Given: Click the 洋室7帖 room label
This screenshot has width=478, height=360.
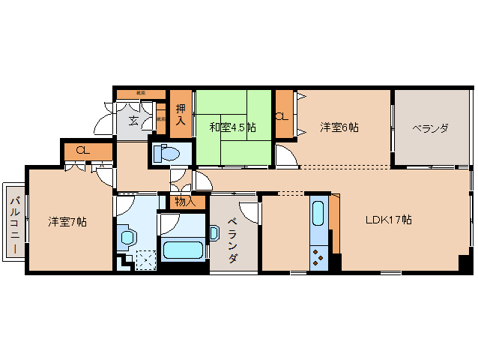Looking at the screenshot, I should (67, 222).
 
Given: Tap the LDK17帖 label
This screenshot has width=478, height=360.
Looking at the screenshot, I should (388, 220).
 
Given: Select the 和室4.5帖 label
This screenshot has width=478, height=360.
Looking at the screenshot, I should (232, 127).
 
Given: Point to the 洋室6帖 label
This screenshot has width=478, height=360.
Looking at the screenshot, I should (339, 127).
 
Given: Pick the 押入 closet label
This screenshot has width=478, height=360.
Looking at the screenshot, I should (180, 115).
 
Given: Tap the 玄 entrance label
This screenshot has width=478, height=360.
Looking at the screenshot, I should (133, 120).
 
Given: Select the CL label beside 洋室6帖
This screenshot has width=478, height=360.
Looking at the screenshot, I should (282, 115).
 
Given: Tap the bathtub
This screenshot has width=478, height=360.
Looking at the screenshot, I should (182, 250).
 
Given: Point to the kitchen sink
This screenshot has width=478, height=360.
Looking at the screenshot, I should (318, 214).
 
